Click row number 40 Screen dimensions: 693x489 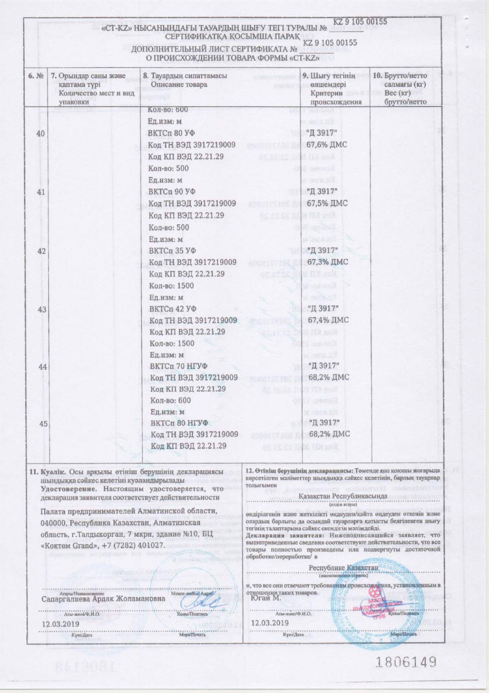tap(41, 133)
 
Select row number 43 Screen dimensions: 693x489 tap(42, 310)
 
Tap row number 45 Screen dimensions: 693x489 tap(43, 424)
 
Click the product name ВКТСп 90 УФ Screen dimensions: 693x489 tap(172, 192)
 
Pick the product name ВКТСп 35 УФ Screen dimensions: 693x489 tap(172, 250)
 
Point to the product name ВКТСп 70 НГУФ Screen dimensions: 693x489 tap(179, 366)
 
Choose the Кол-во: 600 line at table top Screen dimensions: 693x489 tap(168, 110)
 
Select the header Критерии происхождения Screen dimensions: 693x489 tap(335, 98)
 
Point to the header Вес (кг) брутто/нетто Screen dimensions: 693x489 tap(405, 98)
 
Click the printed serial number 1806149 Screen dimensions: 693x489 tap(406, 661)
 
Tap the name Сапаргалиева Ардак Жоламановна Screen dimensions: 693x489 tap(103, 598)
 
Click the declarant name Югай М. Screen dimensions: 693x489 tap(266, 598)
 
